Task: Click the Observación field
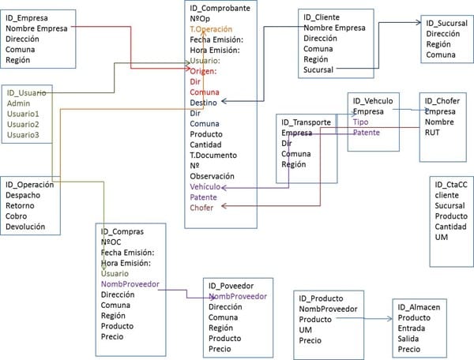coord(213,176)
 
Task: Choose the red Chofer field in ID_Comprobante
coord(202,208)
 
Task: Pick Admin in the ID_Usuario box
coord(19,103)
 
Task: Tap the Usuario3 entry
coord(23,135)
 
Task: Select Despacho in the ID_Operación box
coord(24,195)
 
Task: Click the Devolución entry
coord(27,227)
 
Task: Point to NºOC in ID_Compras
coord(112,243)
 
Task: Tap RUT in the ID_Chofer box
coord(433,133)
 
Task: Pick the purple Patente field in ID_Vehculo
coord(366,133)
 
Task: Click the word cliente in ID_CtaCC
coord(446,195)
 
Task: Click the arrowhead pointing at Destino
coord(225,101)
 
